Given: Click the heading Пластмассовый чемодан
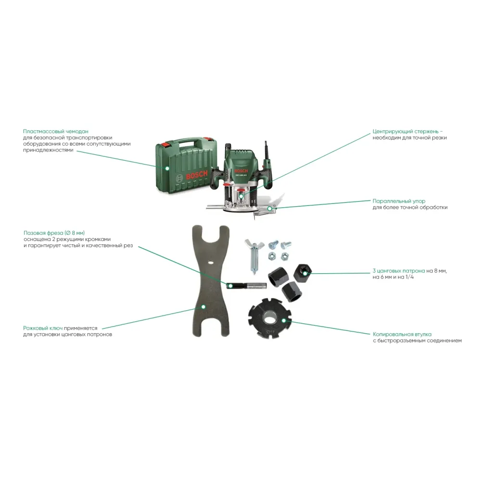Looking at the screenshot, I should click(x=55, y=131).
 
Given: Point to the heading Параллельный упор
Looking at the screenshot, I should click(x=399, y=201).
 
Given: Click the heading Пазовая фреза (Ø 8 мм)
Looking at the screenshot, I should click(x=57, y=233).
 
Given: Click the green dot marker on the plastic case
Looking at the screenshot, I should click(x=166, y=168).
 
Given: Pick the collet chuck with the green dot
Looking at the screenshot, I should click(x=304, y=272).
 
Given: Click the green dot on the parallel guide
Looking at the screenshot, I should click(x=275, y=209).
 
